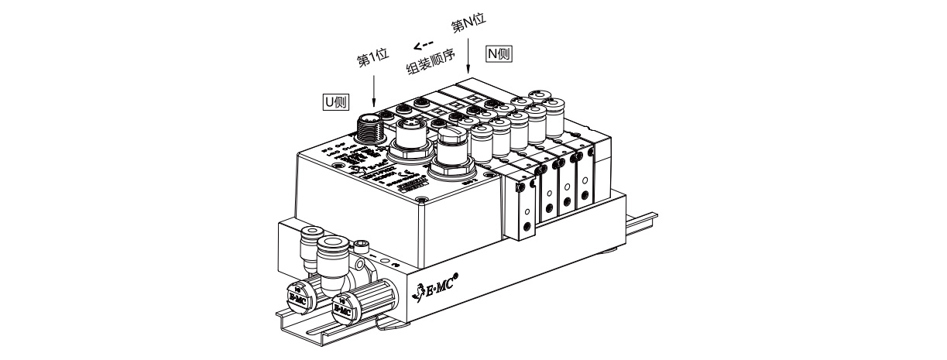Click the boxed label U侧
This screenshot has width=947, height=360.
[335, 101]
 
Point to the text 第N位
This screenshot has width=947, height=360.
[468, 26]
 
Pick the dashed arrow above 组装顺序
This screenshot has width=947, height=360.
[423, 45]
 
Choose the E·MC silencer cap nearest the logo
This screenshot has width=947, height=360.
[341, 308]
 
